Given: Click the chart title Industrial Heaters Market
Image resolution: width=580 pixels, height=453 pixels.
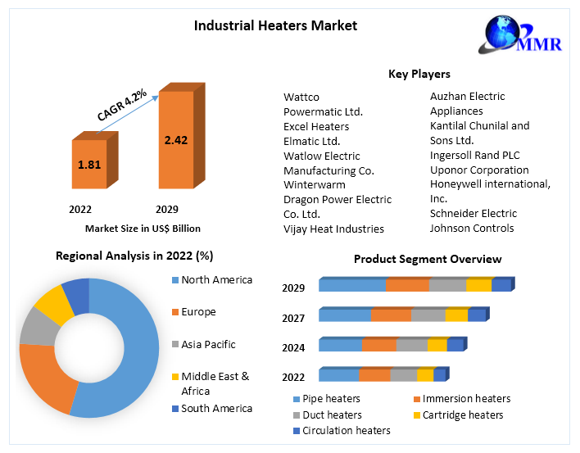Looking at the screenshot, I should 275,25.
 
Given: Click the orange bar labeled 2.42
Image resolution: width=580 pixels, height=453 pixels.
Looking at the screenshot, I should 175,140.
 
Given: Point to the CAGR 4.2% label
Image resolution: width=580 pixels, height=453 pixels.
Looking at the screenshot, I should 122,105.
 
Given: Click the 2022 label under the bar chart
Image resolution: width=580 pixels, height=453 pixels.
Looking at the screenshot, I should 80,209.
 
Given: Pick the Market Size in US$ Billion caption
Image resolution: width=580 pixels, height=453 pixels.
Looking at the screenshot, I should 143,229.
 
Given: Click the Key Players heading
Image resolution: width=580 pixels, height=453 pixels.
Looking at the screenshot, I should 419,75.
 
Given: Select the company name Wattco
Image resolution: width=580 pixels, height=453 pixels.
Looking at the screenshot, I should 301,97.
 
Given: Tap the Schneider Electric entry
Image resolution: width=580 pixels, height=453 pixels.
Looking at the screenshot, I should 474,214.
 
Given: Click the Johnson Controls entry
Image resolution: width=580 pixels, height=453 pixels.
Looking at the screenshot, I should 472,229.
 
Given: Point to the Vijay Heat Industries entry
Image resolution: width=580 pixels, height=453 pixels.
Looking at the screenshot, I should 333,229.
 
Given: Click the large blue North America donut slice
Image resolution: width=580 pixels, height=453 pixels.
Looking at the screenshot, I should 131,344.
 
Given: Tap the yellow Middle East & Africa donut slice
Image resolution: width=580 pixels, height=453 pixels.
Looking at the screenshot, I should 55,302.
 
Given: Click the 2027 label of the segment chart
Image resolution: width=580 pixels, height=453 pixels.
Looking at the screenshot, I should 293,318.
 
